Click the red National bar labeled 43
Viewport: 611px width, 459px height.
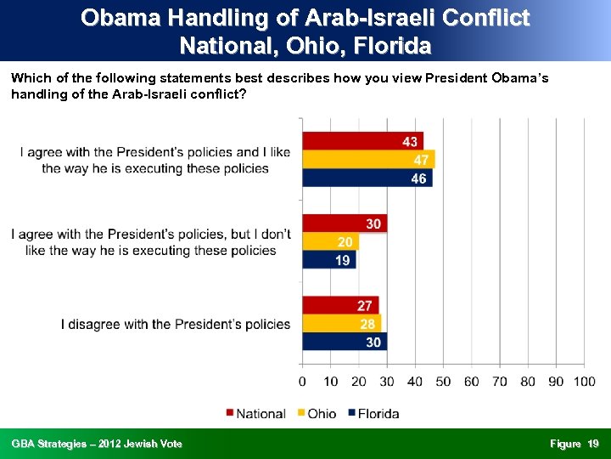(363, 141)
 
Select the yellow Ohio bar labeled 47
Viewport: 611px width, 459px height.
(369, 160)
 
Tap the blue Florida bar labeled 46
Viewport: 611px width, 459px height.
(367, 178)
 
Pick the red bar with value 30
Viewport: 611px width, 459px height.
(345, 224)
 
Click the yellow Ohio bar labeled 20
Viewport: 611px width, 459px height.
(331, 242)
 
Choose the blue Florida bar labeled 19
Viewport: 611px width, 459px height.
(329, 260)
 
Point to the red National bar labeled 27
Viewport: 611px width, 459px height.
(340, 305)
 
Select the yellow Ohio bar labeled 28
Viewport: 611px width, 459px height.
(342, 324)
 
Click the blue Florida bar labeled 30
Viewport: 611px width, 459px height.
(345, 342)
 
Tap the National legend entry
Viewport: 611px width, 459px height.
(255, 414)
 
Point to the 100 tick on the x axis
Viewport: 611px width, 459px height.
(584, 382)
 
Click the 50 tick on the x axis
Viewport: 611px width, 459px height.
(443, 382)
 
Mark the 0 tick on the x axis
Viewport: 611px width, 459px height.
(303, 382)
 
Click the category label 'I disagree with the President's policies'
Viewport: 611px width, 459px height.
(176, 324)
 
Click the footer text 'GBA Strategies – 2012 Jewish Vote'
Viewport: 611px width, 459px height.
(97, 444)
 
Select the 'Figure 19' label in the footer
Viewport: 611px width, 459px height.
(574, 444)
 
